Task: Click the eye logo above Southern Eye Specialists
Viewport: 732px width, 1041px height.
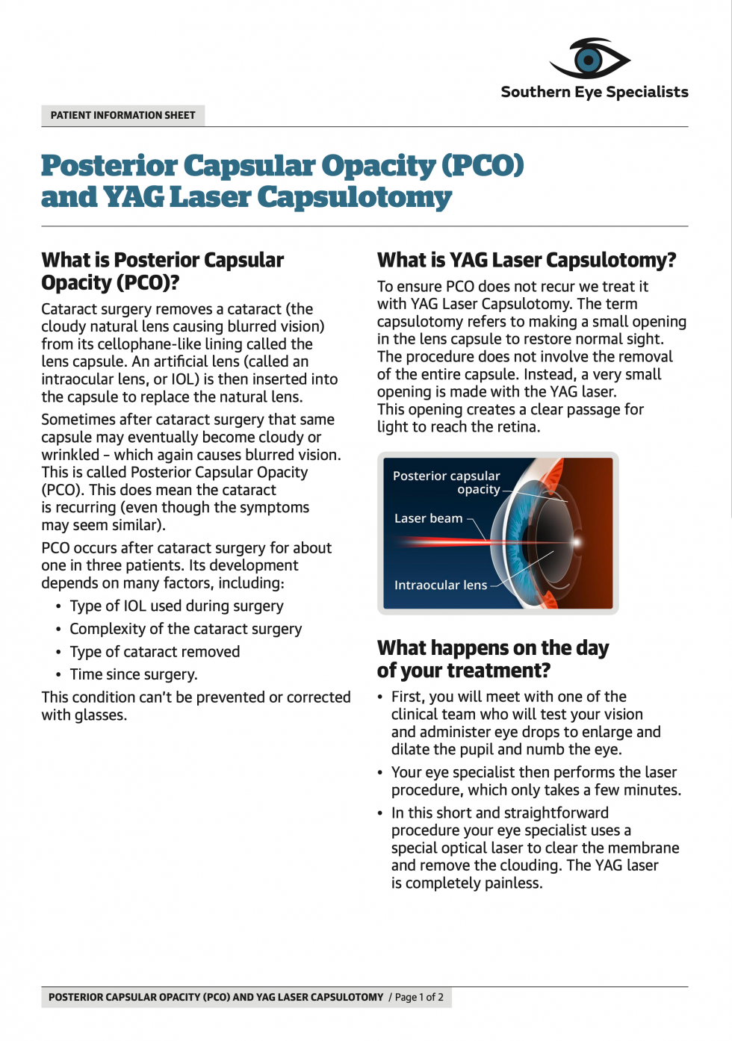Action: tap(590, 59)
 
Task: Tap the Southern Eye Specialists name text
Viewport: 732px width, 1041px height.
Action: tap(595, 92)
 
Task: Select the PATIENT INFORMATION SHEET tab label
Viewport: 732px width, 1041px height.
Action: tap(123, 116)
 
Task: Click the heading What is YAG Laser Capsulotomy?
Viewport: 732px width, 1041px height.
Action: tap(526, 260)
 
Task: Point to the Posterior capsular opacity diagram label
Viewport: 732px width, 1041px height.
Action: tap(447, 482)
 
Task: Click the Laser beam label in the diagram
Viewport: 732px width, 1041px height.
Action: tap(428, 518)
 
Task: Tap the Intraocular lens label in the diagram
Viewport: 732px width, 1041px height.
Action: tap(440, 585)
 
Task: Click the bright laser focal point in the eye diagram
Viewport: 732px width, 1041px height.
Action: tap(576, 542)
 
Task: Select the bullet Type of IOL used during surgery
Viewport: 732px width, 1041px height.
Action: tap(176, 606)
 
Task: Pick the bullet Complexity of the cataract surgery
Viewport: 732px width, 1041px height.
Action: tap(185, 629)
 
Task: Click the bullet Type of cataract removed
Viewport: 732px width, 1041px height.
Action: tap(155, 652)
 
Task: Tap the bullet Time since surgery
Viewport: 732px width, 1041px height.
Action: tap(134, 674)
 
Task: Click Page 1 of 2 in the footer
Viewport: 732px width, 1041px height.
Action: tap(419, 997)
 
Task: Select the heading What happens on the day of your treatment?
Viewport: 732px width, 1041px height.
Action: tap(492, 659)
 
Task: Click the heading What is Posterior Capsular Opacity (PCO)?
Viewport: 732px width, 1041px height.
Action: tap(162, 271)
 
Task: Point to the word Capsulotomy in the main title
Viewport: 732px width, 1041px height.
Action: tap(355, 197)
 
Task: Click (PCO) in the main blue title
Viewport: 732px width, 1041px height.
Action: tap(483, 165)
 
